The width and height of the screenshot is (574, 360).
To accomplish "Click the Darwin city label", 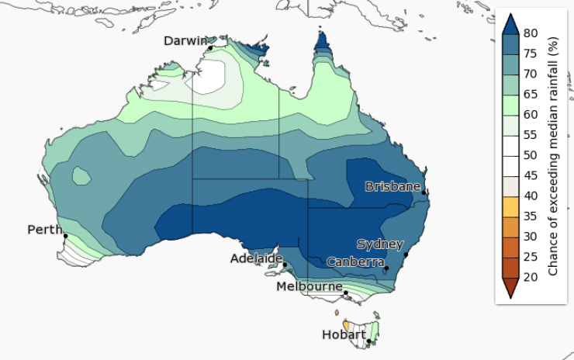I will pyautogui.click(x=186, y=40).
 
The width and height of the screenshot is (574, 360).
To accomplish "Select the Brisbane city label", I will pyautogui.click(x=392, y=186).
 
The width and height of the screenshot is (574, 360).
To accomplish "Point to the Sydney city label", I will pyautogui.click(x=379, y=244).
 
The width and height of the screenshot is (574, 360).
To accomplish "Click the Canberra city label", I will pyautogui.click(x=354, y=261).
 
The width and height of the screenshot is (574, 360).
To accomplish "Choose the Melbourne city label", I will pyautogui.click(x=310, y=286).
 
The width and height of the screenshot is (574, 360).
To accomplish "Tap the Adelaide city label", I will pyautogui.click(x=256, y=258).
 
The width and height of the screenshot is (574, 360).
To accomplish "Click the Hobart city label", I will pyautogui.click(x=344, y=334).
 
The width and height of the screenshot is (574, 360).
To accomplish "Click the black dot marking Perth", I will pyautogui.click(x=65, y=236).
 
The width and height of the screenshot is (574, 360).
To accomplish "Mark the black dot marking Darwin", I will pyautogui.click(x=210, y=48).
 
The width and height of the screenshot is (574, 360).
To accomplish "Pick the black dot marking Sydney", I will pyautogui.click(x=405, y=254).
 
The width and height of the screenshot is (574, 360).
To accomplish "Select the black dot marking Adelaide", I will pyautogui.click(x=285, y=265).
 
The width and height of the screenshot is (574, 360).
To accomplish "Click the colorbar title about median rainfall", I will pyautogui.click(x=554, y=155).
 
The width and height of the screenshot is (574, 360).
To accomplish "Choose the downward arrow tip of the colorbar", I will pyautogui.click(x=510, y=296).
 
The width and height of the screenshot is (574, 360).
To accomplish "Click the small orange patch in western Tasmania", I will pyautogui.click(x=345, y=324).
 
